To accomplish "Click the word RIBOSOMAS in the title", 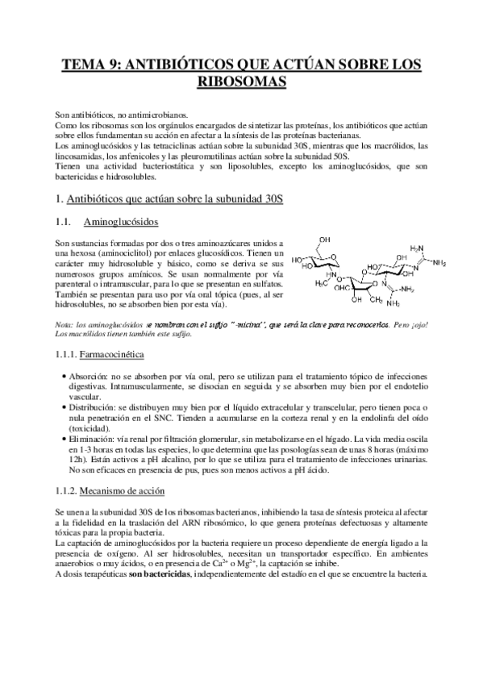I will [241, 81].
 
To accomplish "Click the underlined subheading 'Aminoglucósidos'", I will [127, 222].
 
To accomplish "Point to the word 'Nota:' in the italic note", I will [65, 323].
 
